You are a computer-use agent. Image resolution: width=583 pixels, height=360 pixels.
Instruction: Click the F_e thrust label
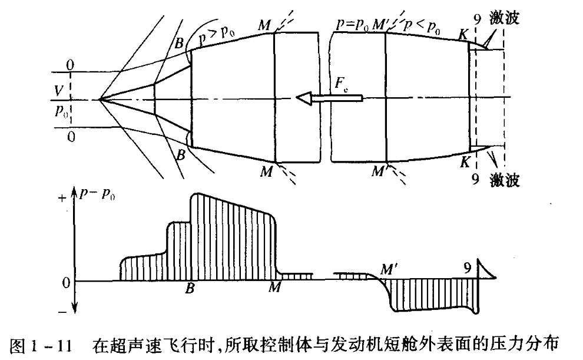(342, 84)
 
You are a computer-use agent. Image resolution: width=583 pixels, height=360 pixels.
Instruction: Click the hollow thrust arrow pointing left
(329, 98)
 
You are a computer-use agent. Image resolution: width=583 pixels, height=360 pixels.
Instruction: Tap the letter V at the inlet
(58, 90)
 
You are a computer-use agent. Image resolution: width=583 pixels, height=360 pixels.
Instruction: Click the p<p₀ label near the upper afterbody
(423, 26)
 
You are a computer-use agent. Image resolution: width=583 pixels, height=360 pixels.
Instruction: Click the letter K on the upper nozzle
(463, 35)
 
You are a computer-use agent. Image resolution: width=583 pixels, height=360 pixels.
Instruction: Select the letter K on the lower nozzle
(465, 163)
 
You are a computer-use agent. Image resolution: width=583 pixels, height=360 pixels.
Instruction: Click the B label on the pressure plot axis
(190, 289)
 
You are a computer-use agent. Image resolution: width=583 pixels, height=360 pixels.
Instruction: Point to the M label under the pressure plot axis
(274, 288)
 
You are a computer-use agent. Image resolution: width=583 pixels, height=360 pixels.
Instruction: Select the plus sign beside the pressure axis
(62, 198)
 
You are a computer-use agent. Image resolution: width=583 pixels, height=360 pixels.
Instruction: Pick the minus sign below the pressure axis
(62, 312)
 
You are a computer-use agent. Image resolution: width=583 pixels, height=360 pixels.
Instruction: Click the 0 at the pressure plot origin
(66, 283)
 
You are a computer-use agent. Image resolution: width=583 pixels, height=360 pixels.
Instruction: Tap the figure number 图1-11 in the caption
(40, 345)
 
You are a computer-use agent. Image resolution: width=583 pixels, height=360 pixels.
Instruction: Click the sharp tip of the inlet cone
(100, 100)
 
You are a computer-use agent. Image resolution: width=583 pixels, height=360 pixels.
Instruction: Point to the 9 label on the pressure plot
(468, 267)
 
